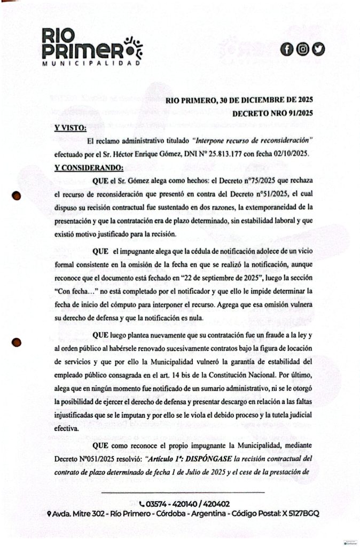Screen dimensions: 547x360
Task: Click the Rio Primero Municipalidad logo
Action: [x=92, y=49]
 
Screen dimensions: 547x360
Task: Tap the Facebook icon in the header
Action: [x=287, y=50]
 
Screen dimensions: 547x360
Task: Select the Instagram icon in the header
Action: [x=303, y=50]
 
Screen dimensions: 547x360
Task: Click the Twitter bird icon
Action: [x=319, y=50]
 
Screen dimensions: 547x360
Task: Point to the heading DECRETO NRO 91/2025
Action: [x=272, y=113]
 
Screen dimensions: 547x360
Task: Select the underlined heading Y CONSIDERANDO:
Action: [x=89, y=168]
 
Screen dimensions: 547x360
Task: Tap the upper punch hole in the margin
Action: [x=17, y=196]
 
